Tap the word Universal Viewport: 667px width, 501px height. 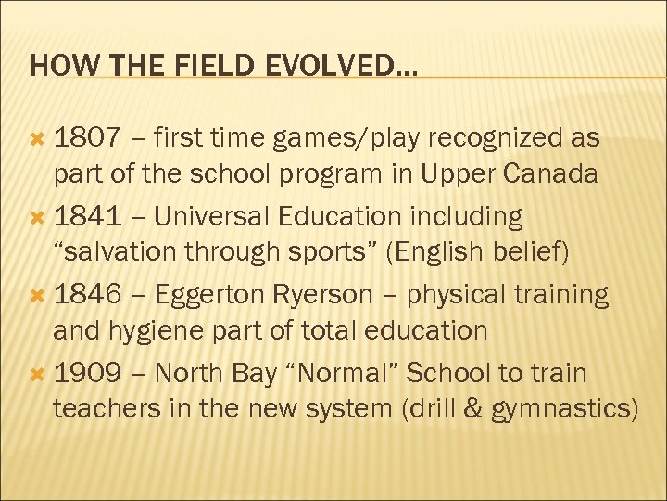click(211, 217)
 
